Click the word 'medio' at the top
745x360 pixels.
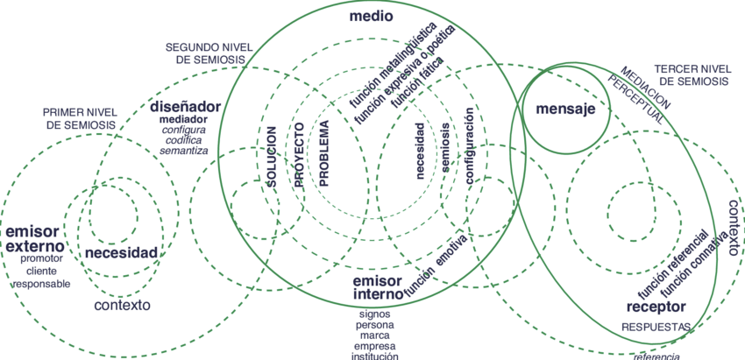[371, 17]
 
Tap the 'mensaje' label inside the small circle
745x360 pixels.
[565, 109]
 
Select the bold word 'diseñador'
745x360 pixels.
[185, 107]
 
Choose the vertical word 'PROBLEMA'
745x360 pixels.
[323, 152]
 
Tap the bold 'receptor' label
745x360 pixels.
[656, 307]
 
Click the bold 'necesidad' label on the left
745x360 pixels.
[122, 253]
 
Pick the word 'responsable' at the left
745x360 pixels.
[41, 284]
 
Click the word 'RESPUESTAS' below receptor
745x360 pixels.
[656, 328]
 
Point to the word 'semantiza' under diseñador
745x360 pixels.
[183, 151]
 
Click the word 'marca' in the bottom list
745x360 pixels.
[374, 335]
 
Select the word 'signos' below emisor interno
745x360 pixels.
[374, 313]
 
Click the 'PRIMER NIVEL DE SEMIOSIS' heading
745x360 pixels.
[80, 119]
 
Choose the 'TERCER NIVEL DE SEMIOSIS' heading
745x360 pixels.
[692, 74]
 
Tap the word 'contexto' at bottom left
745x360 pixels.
[123, 306]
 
